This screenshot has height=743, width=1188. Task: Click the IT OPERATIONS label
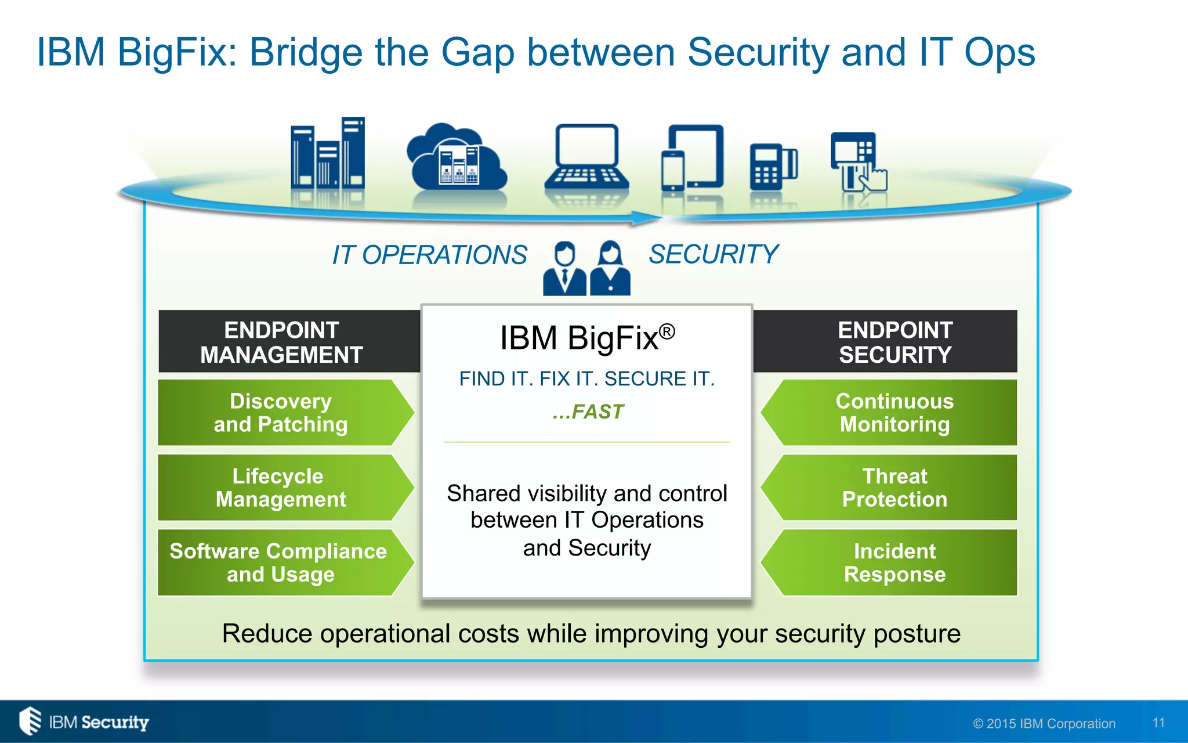429,255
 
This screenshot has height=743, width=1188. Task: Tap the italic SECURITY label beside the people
713,254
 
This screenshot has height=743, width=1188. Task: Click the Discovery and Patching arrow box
281,413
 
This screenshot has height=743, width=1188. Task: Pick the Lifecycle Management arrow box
281,488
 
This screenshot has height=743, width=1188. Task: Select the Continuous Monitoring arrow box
894,413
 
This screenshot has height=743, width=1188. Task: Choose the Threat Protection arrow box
894,488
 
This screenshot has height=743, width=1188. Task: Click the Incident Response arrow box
894,562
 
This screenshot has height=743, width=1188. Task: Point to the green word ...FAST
588,412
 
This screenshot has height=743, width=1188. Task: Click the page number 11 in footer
1158,723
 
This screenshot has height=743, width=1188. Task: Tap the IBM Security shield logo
30,721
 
